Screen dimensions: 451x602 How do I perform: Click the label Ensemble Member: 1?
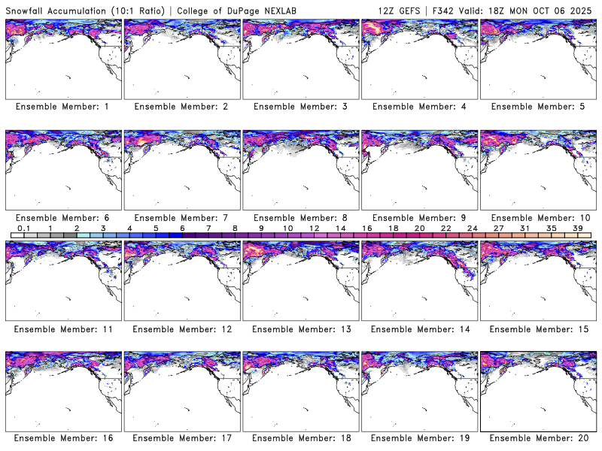pos(62,107)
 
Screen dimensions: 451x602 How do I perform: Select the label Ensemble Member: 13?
pos(299,329)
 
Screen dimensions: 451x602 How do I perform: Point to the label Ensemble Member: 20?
pos(537,437)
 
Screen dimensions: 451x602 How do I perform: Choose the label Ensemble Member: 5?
pos(537,107)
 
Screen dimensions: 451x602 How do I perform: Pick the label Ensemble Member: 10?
pos(537,218)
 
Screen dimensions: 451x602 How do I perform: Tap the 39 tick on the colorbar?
pos(577,228)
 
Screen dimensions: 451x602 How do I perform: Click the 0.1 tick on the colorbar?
pos(23,228)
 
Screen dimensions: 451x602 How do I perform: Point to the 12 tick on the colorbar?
pos(314,228)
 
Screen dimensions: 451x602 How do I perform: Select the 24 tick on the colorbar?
pos(472,228)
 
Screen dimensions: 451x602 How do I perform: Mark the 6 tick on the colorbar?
pos(182,228)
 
